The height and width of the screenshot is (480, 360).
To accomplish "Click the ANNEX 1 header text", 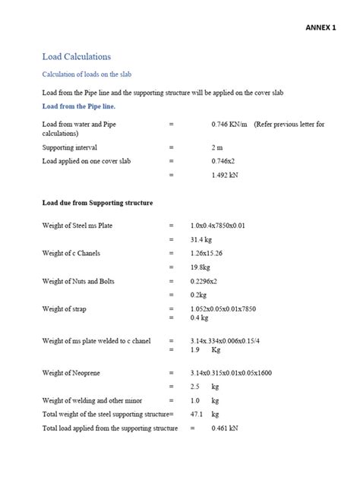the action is [320, 27].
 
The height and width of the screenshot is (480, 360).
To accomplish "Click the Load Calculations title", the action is [77, 56].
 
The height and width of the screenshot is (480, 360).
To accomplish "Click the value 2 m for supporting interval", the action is [218, 147].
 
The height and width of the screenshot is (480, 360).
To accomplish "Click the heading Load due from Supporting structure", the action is [97, 203].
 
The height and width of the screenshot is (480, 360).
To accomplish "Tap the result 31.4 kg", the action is [202, 240].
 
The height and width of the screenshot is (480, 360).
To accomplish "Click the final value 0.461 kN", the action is [226, 428].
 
